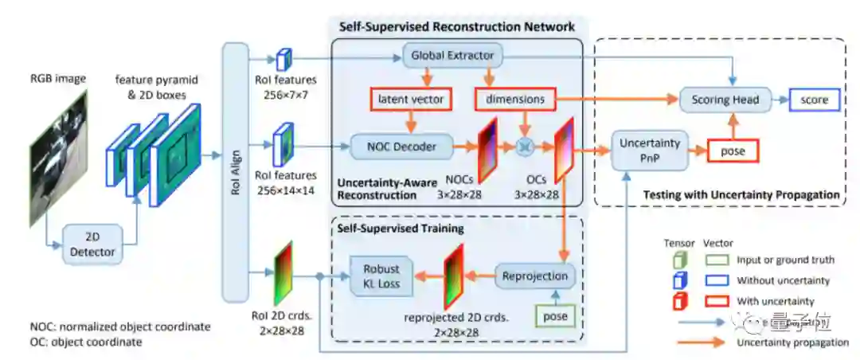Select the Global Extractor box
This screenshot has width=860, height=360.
point(452,56)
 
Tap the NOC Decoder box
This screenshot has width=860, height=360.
point(400,146)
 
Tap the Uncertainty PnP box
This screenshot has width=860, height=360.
point(650,151)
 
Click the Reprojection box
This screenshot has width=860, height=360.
point(536,276)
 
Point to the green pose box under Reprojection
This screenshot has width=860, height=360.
point(555,316)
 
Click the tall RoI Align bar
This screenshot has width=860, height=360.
point(235,172)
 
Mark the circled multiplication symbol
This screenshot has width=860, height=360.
point(524,145)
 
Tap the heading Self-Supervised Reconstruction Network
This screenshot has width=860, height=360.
point(457,26)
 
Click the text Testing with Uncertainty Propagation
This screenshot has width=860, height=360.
point(741,194)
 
